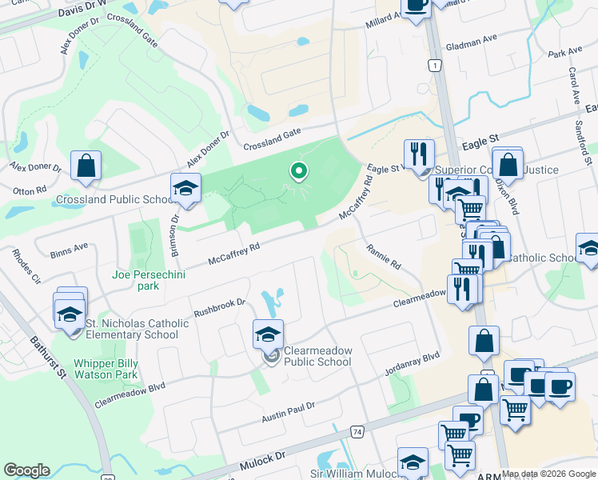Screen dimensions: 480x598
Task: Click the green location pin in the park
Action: pos(299,171)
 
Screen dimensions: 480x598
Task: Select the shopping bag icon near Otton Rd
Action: pos(86,166)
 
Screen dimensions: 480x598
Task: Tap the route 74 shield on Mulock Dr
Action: pos(357,433)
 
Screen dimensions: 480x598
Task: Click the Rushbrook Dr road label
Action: pos(217,307)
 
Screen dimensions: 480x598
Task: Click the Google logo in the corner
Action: pos(26,470)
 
